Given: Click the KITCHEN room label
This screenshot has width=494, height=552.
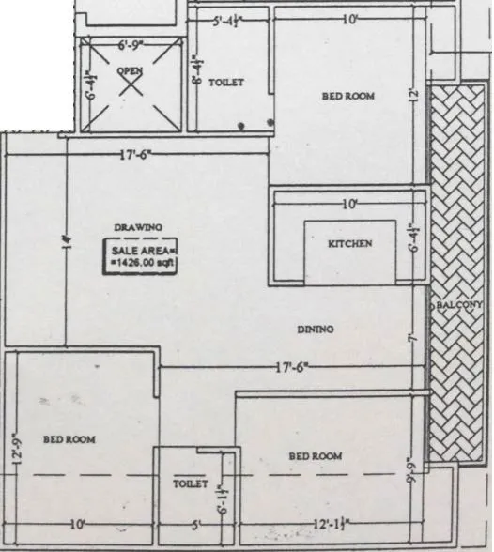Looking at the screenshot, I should click(349, 244).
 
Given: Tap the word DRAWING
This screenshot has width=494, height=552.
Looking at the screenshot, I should click(138, 227).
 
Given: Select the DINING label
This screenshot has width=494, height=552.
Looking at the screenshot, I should click(316, 329).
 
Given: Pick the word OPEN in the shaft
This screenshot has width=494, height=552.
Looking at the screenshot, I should click(129, 71).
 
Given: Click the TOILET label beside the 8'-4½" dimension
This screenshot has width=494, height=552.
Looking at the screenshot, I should click(226, 83).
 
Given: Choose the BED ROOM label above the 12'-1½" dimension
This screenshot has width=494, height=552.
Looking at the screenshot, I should click(315, 456).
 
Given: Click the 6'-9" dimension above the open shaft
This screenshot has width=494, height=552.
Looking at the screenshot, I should click(133, 45).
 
